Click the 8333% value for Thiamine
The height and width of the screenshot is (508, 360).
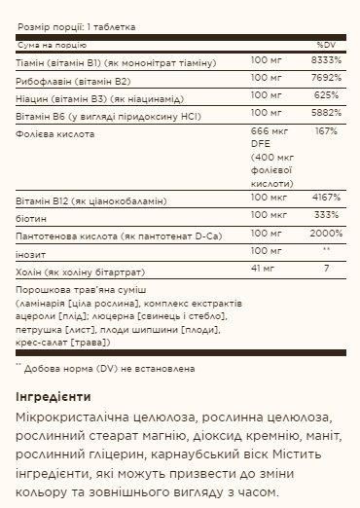coord(323,60)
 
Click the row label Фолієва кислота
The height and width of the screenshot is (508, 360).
coord(55,131)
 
